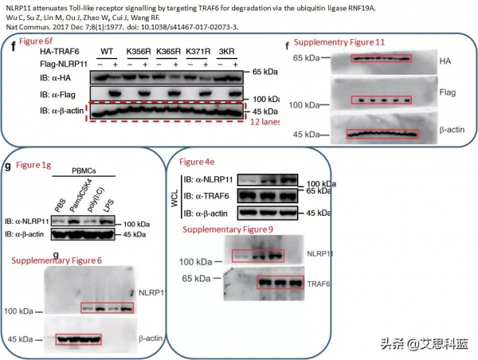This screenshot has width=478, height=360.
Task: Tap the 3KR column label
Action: tap(226, 51)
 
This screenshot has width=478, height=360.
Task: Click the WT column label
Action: tap(106, 51)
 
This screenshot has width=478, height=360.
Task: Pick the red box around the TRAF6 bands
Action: tap(280, 282)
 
